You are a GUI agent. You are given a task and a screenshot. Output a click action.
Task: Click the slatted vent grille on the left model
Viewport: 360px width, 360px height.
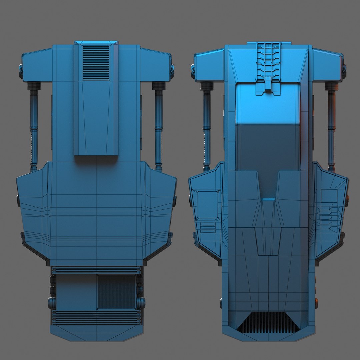[x=96, y=63]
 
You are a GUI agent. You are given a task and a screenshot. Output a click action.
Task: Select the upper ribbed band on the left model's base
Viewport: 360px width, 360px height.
[x=97, y=270]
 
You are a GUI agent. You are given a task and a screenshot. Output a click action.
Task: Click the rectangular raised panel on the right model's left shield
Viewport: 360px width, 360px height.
[x=208, y=204]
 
